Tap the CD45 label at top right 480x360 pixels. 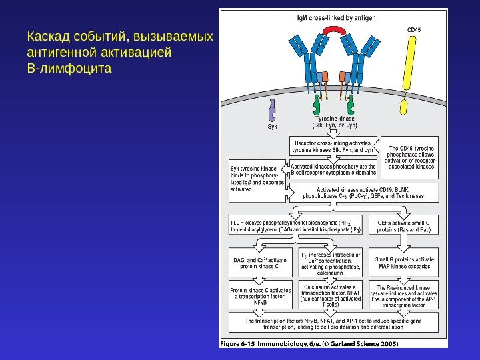(413, 29)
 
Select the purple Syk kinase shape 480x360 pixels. (272, 109)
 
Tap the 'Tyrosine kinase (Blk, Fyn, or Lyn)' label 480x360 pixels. (335, 121)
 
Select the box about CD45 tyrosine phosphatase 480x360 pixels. (411, 157)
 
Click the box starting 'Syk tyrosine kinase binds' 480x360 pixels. (257, 178)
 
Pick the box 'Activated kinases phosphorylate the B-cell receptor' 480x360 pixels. (334, 168)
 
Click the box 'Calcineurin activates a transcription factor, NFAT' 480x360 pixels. (331, 294)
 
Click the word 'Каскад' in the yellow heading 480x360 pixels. (44, 35)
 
